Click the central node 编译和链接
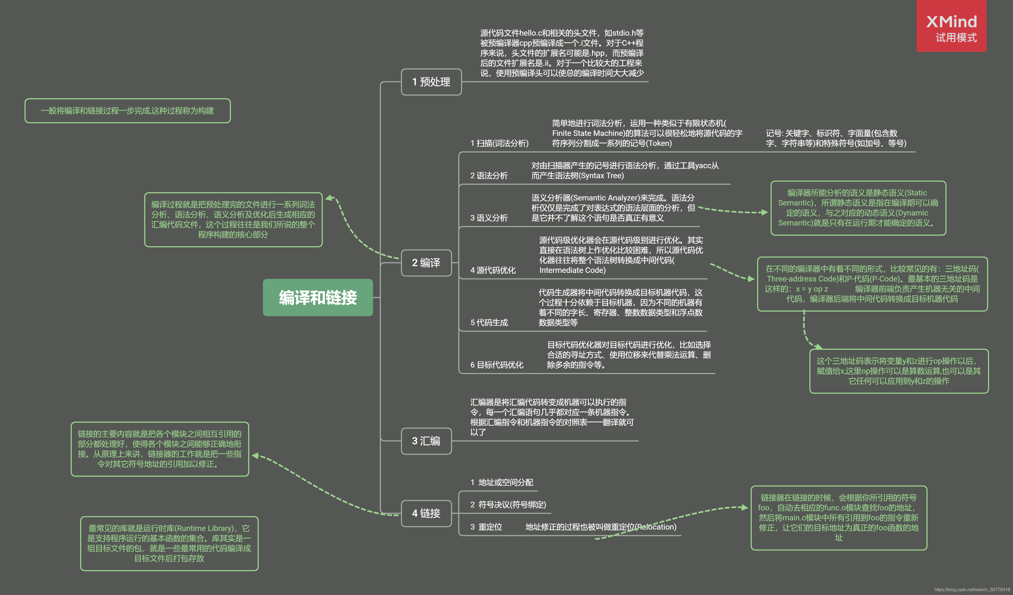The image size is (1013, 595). (x=317, y=298)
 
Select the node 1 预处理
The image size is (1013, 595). (x=431, y=82)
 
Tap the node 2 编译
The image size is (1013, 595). (x=426, y=263)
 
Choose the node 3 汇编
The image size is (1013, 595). (x=426, y=441)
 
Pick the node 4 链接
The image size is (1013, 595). (x=426, y=513)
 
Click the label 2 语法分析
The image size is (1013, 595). (x=489, y=176)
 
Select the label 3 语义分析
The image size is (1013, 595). (x=489, y=218)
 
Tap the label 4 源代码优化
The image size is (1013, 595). (x=493, y=270)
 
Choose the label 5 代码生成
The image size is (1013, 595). (x=489, y=323)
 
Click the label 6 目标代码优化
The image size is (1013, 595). (x=497, y=365)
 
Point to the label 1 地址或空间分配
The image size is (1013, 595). (x=502, y=482)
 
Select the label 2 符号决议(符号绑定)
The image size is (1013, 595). (x=508, y=505)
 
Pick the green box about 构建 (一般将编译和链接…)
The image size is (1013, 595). (x=127, y=111)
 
